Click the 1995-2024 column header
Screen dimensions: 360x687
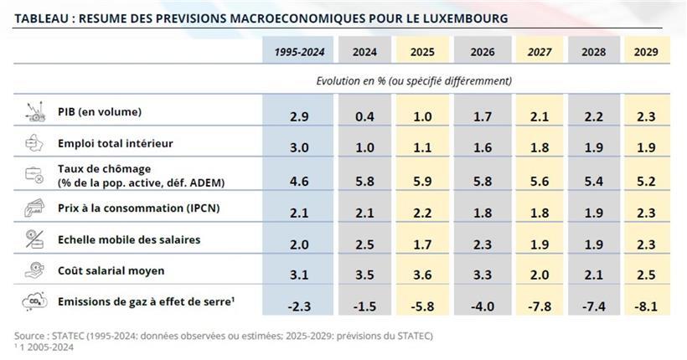299,52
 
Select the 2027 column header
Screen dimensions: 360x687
539,52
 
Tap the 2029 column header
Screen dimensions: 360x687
646,52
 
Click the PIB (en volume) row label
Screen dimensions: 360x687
100,111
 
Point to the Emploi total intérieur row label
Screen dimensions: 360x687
116,143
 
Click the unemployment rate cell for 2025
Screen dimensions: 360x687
422,179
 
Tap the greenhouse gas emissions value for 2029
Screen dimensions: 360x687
646,306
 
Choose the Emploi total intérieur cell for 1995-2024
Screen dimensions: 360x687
299,147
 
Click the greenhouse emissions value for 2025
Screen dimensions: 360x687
422,306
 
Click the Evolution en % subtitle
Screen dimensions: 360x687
414,81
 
